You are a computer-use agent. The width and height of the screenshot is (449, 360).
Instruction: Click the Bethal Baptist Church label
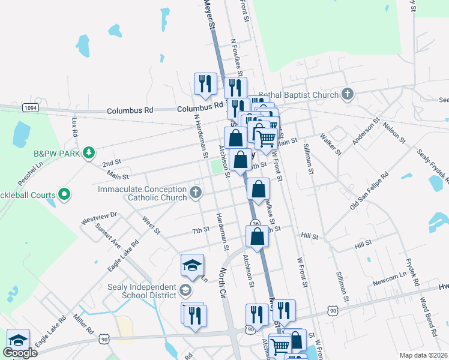click(x=298, y=95)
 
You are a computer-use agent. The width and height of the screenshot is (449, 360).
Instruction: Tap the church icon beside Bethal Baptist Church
click(x=347, y=94)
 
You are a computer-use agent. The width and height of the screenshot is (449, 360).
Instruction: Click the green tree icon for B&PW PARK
click(x=89, y=152)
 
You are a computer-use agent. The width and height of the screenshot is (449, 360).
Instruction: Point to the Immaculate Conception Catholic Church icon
click(x=194, y=193)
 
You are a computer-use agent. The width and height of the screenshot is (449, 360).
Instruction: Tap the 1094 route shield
click(x=31, y=107)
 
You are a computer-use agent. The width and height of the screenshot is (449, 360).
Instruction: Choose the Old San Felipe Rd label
click(x=370, y=191)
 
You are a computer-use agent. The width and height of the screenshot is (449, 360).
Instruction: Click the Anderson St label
click(x=366, y=131)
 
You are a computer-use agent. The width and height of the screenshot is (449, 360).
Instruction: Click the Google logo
click(x=20, y=353)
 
